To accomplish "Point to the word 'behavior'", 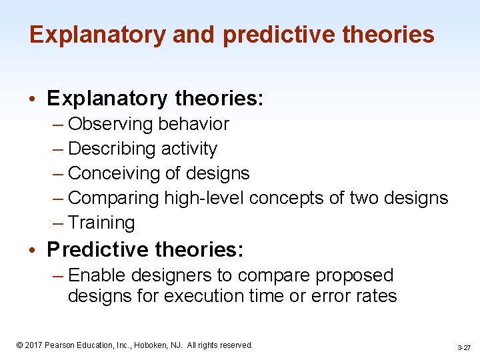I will (x=193, y=124).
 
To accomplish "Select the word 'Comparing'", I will (x=113, y=198).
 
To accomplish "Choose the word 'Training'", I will (x=101, y=223).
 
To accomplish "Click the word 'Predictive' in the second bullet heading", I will (x=98, y=250).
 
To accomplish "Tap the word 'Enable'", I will (x=99, y=275).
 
